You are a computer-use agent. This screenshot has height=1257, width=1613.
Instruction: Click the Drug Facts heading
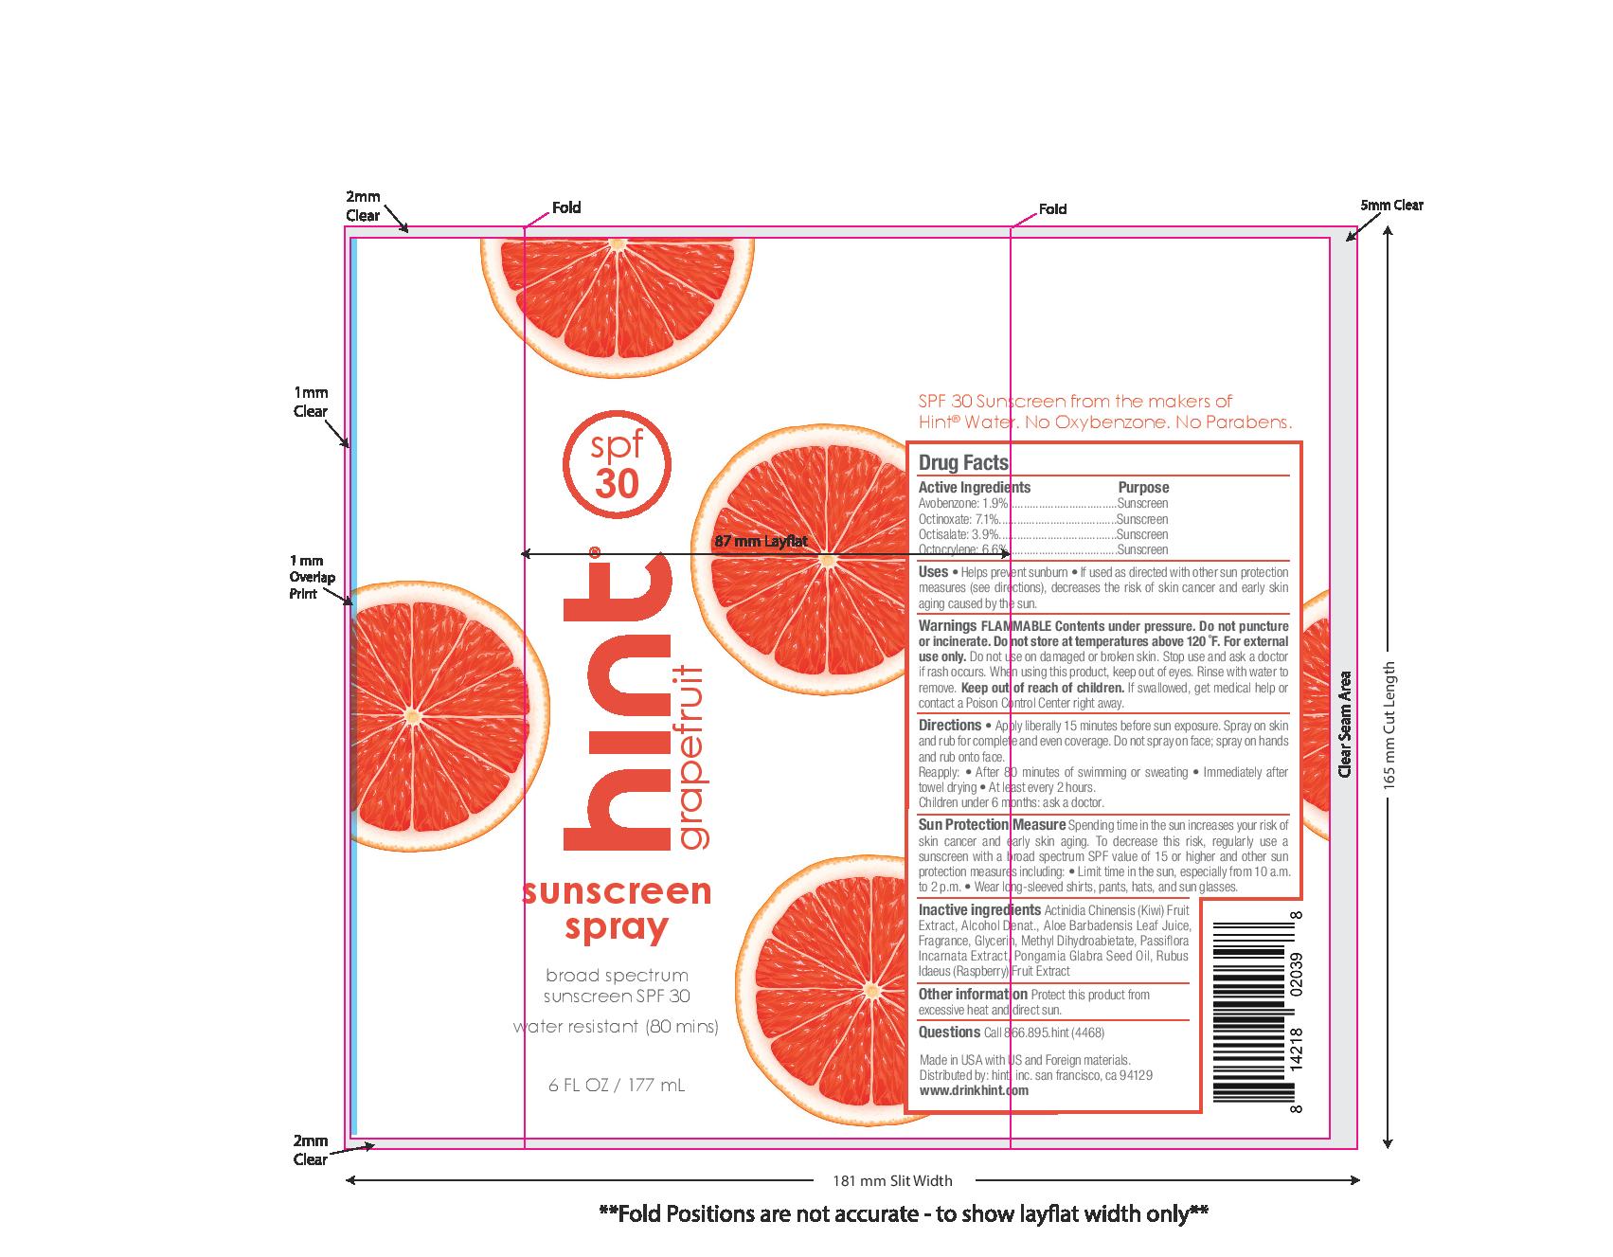[963, 463]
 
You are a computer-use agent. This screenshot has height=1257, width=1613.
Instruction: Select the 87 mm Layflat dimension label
[761, 542]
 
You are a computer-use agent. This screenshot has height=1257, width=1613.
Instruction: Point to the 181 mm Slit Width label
[892, 1180]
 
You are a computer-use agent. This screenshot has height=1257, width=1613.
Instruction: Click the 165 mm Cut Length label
[1389, 726]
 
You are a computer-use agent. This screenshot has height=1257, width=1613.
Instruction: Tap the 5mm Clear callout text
[1391, 206]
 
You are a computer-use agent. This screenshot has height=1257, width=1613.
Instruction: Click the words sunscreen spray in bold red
[617, 908]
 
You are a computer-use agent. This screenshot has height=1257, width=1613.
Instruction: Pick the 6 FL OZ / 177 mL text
[616, 1086]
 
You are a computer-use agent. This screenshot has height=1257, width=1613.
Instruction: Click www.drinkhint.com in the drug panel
[974, 1090]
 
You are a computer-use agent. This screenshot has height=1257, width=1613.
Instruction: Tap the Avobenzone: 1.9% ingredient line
[963, 504]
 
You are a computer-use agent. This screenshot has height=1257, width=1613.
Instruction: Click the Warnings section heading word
[947, 626]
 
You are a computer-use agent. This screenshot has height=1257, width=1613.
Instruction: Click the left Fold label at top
[566, 207]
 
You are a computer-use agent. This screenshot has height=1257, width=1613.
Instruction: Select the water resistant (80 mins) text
[616, 1027]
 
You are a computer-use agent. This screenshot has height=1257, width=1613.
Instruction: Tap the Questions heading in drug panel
[949, 1033]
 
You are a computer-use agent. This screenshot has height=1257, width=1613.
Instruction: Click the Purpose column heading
[1143, 487]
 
